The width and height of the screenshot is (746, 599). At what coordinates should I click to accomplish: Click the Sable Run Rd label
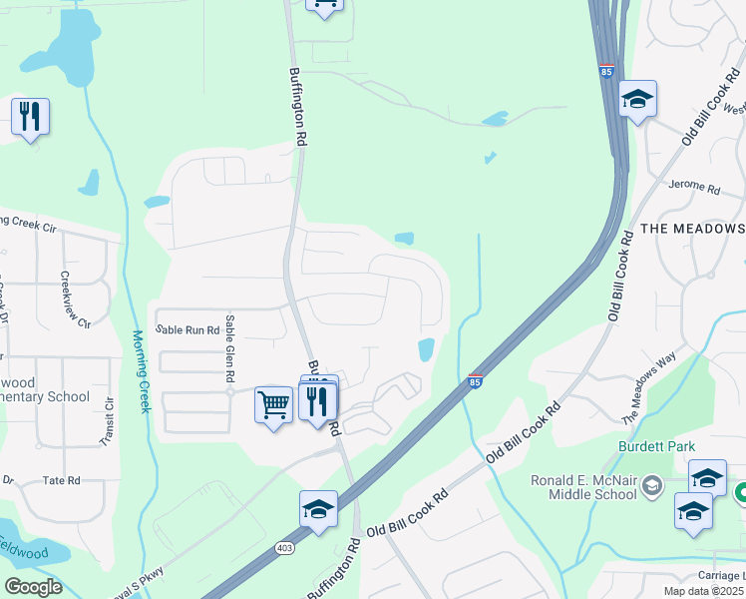(x=186, y=328)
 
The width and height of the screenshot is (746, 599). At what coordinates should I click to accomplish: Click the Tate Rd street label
(x=61, y=480)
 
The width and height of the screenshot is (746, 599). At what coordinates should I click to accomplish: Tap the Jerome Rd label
(x=694, y=187)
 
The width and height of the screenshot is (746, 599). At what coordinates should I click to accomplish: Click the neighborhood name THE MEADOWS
(x=692, y=229)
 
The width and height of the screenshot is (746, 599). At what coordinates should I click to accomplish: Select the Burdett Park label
(x=655, y=446)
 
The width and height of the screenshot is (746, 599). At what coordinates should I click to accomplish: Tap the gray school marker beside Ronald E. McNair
(x=652, y=485)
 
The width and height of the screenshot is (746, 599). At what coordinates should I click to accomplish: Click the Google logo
(x=33, y=586)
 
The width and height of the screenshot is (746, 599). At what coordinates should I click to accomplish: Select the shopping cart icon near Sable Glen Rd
(x=273, y=404)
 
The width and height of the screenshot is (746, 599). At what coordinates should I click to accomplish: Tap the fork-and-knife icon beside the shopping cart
(x=317, y=401)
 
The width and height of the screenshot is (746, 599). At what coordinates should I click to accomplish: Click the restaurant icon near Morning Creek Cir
(x=30, y=117)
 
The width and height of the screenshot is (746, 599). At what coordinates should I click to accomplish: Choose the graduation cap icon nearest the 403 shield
(x=318, y=508)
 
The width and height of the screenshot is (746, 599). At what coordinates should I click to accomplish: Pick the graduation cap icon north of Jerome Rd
(x=637, y=99)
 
